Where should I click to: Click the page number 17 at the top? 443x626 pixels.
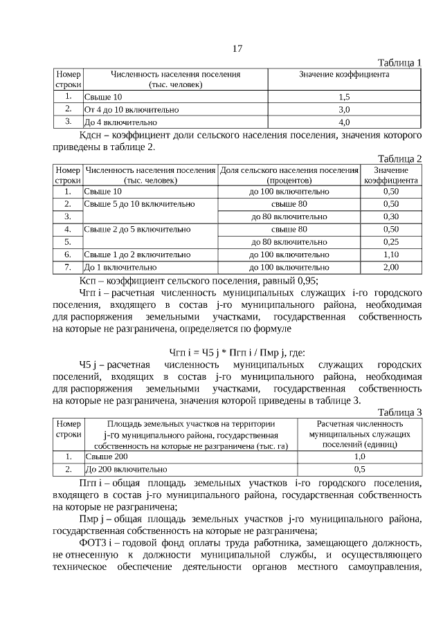(237, 48)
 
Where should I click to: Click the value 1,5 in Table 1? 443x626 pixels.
(344, 97)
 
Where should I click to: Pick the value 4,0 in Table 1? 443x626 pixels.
(344, 122)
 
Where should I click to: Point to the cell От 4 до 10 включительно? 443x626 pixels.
(132, 109)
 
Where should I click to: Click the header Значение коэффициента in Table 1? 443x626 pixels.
(344, 74)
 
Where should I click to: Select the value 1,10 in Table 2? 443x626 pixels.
(390, 254)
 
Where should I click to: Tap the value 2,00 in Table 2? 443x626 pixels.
(390, 266)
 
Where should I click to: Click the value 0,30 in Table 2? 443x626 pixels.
(390, 217)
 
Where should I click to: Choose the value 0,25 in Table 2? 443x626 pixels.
(390, 241)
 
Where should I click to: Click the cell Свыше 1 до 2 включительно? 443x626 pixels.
(137, 254)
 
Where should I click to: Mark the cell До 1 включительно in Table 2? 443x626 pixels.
(120, 266)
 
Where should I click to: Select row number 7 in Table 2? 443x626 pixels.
(68, 266)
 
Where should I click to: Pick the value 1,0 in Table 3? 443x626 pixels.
(359, 457)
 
